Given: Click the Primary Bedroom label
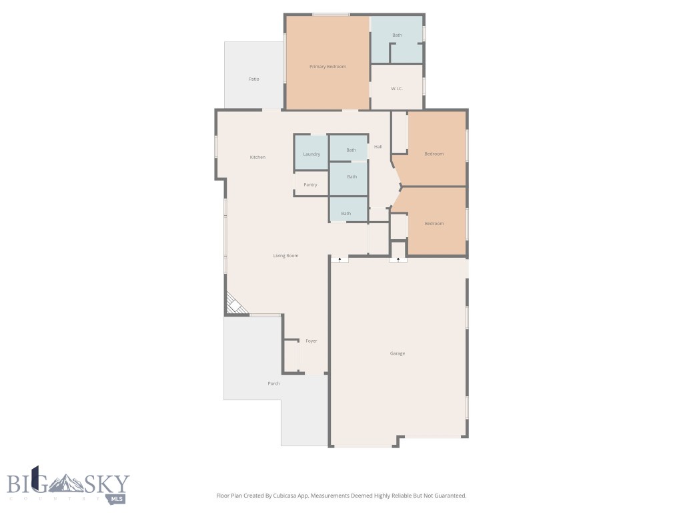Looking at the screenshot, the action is pyautogui.click(x=327, y=67).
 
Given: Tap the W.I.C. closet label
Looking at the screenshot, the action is pyautogui.click(x=397, y=89).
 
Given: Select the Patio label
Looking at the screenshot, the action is pyautogui.click(x=254, y=79).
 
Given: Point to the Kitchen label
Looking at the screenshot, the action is pyautogui.click(x=257, y=157).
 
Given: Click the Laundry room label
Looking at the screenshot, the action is pyautogui.click(x=311, y=154).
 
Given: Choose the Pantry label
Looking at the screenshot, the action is pyautogui.click(x=311, y=184).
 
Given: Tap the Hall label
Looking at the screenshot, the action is pyautogui.click(x=378, y=146).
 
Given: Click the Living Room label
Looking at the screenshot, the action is pyautogui.click(x=285, y=256).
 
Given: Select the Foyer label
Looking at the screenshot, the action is pyautogui.click(x=311, y=341).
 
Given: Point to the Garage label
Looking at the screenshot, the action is pyautogui.click(x=398, y=353).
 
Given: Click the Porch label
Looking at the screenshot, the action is pyautogui.click(x=273, y=383).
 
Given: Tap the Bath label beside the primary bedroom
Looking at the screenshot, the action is pyautogui.click(x=397, y=35).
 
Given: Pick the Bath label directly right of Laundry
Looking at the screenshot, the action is pyautogui.click(x=351, y=150).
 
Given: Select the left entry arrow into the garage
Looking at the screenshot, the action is pyautogui.click(x=339, y=259).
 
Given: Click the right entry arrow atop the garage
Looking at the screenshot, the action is pyautogui.click(x=398, y=259).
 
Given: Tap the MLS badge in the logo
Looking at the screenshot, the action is pyautogui.click(x=117, y=498).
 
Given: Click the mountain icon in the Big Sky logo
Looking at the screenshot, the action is pyautogui.click(x=66, y=483).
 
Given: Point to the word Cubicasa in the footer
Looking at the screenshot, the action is pyautogui.click(x=285, y=496).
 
